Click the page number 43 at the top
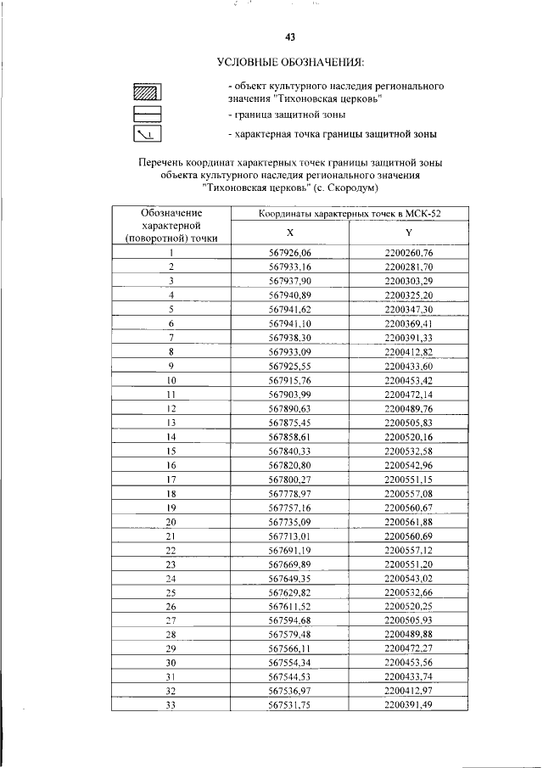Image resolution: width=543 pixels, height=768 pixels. [x=289, y=36]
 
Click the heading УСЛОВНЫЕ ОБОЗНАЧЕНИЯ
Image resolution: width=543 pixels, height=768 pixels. [x=290, y=63]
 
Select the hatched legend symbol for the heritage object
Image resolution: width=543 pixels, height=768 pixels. [x=147, y=92]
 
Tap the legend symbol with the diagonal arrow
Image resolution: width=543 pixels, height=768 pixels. [x=147, y=133]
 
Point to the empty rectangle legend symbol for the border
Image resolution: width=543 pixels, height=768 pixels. [x=147, y=113]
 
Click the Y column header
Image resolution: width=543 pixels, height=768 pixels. [x=408, y=232]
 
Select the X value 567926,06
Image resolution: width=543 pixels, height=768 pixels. [x=290, y=253]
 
